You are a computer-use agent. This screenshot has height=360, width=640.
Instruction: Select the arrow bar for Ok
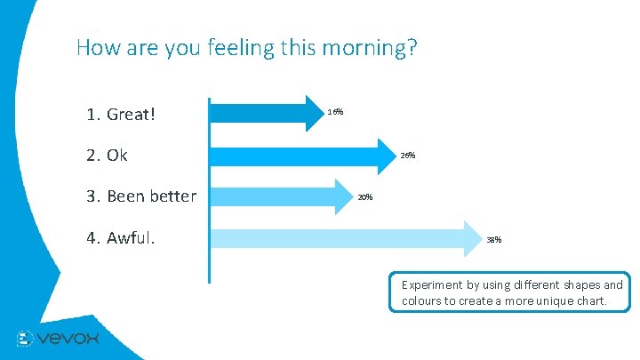pyautogui.click(x=302, y=155)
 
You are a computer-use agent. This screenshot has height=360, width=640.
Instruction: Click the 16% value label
pyautogui.click(x=335, y=112)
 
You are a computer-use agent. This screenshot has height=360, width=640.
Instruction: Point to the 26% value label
pyautogui.click(x=407, y=155)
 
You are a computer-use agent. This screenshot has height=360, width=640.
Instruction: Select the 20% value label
pyautogui.click(x=364, y=196)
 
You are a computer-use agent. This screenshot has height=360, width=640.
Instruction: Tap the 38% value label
pyautogui.click(x=493, y=239)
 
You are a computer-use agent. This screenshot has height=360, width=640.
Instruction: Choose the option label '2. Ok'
pyautogui.click(x=107, y=156)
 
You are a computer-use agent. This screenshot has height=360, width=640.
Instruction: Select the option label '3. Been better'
pyautogui.click(x=141, y=196)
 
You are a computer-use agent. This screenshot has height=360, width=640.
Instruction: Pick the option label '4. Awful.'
pyautogui.click(x=120, y=238)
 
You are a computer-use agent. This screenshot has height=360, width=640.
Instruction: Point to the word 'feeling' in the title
pyautogui.click(x=237, y=48)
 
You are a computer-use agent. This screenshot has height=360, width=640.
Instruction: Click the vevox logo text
pyautogui.click(x=68, y=338)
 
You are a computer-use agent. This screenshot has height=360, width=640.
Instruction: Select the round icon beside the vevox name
pyautogui.click(x=25, y=339)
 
